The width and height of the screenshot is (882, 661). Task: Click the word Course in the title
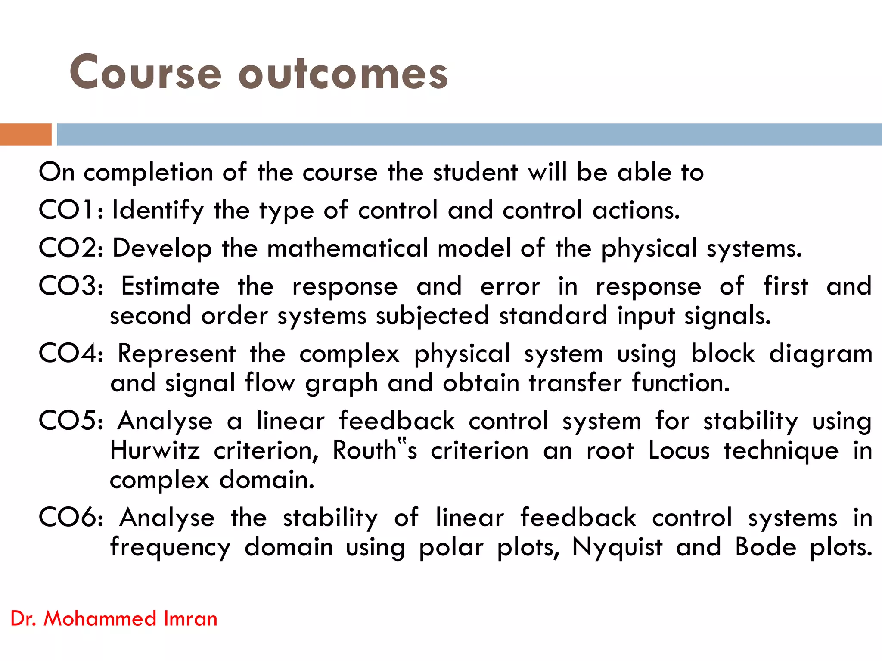click(146, 72)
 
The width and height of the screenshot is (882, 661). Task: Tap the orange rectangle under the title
click(25, 134)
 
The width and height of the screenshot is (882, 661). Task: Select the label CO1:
click(71, 210)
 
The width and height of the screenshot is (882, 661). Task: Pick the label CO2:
click(71, 248)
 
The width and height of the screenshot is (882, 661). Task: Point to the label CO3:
click(71, 286)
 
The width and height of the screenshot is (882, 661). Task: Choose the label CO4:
click(71, 354)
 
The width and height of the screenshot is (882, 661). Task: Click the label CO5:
click(71, 421)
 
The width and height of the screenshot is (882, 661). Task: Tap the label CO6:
click(71, 517)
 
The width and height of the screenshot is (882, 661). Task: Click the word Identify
click(158, 211)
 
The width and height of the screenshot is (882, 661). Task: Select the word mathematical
click(347, 248)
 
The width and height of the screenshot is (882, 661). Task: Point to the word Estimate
click(171, 286)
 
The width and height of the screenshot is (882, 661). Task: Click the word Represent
click(177, 354)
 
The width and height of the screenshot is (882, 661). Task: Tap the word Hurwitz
click(155, 450)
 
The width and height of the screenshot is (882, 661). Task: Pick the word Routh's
click(375, 450)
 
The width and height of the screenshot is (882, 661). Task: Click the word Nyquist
click(617, 548)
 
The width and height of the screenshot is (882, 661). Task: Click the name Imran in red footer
click(190, 619)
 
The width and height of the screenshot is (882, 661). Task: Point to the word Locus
click(679, 450)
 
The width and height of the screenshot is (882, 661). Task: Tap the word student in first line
click(475, 172)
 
